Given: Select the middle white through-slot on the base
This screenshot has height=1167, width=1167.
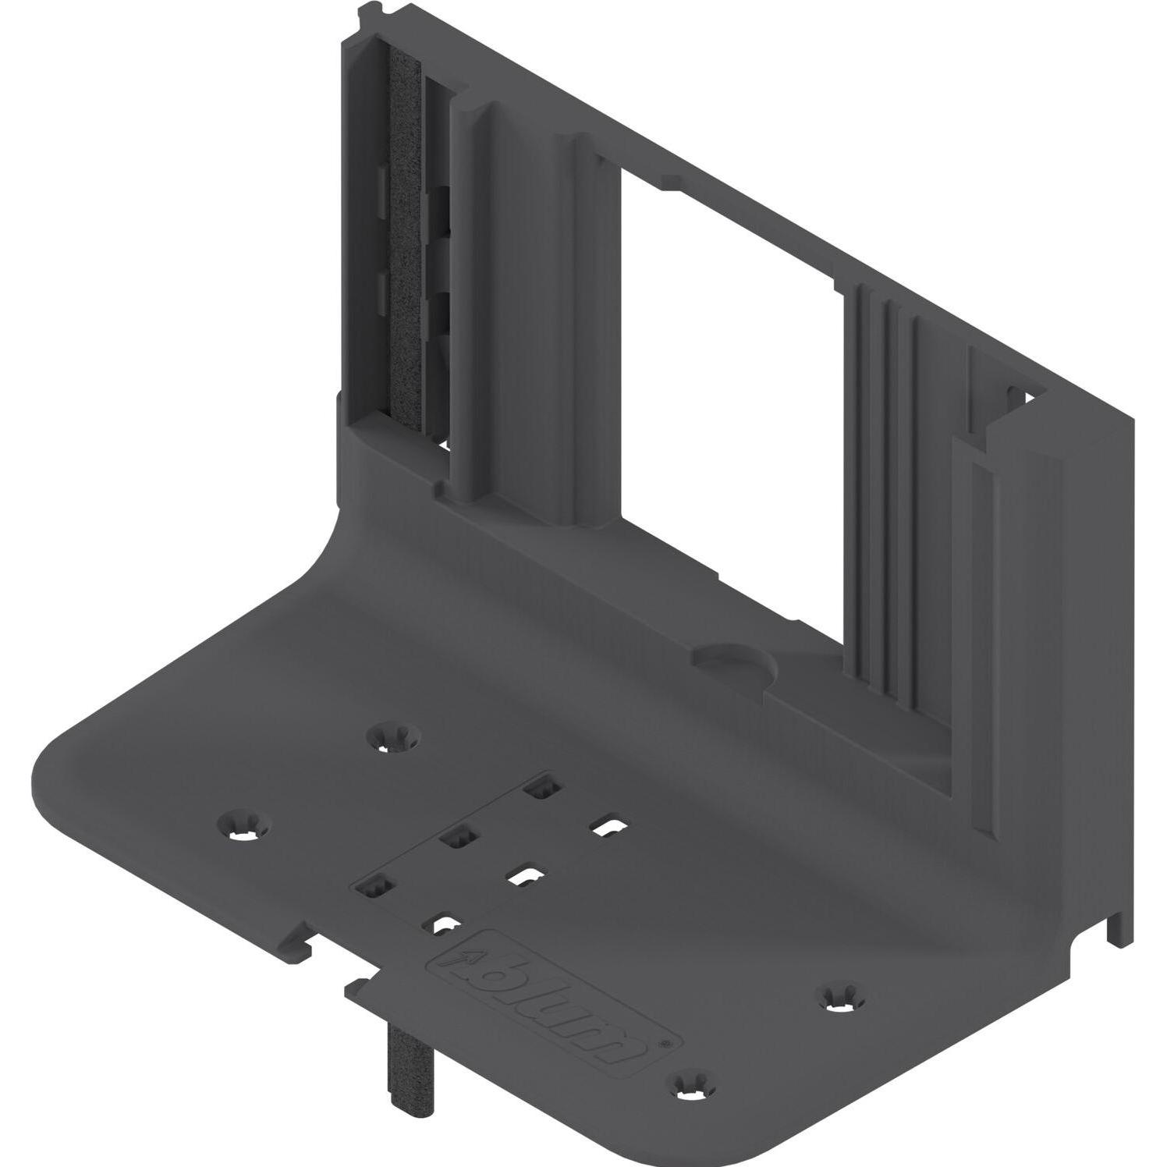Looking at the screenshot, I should click(525, 876).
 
